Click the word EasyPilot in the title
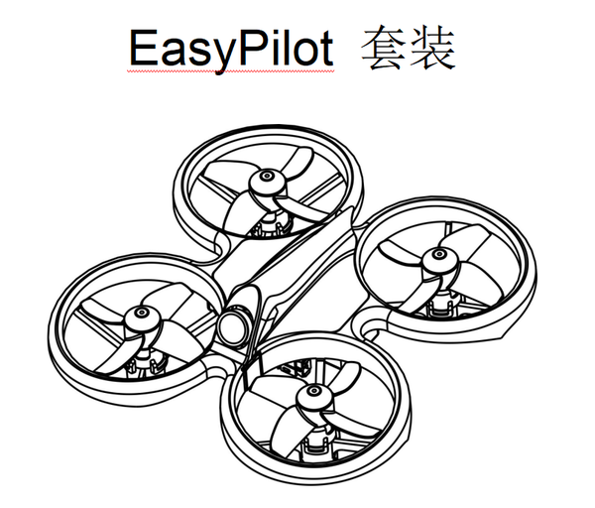coord(231,50)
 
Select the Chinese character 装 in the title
coord(431,48)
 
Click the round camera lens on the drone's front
coord(235,325)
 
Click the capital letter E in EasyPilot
coord(142,48)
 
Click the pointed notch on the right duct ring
coord(501,335)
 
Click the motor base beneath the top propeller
coord(270,224)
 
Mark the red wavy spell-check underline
coord(231,71)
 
